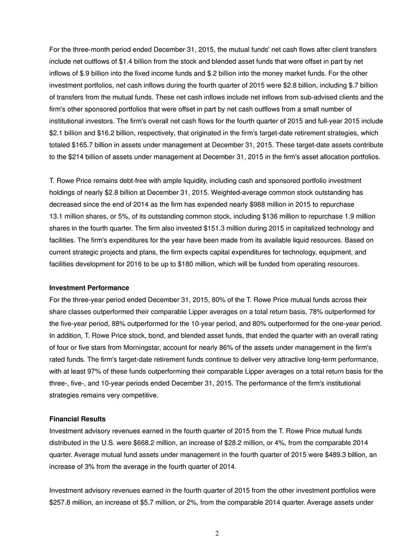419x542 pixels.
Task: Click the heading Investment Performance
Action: [89, 288]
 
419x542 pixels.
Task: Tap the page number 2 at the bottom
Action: [217, 533]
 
